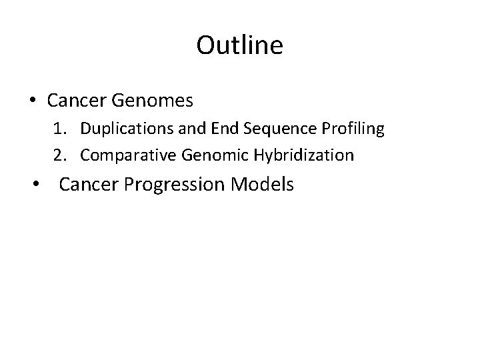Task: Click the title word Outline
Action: click(240, 45)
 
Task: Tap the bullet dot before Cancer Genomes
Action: click(32, 101)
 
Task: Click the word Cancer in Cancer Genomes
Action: click(75, 101)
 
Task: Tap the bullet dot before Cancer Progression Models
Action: click(43, 185)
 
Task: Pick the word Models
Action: click(263, 185)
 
